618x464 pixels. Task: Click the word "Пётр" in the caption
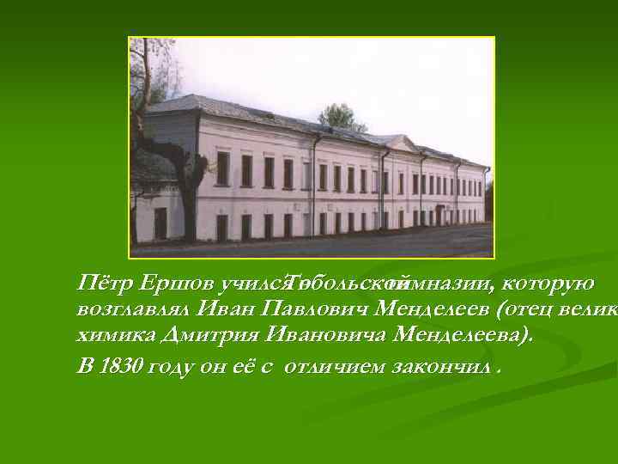100,283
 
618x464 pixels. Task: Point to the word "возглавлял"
132,308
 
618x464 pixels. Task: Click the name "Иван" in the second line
227,308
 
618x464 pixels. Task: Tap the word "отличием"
334,367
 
